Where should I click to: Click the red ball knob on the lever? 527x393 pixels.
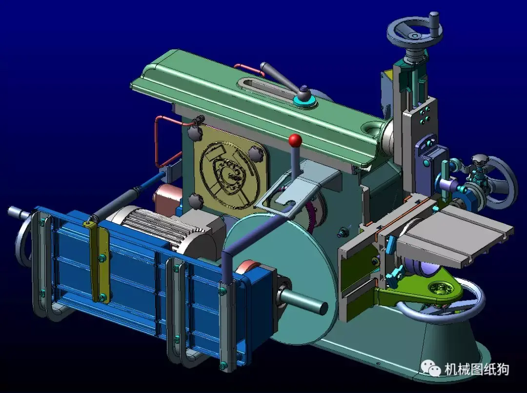coord(295,141)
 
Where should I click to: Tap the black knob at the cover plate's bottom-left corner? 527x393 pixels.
coord(196,199)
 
